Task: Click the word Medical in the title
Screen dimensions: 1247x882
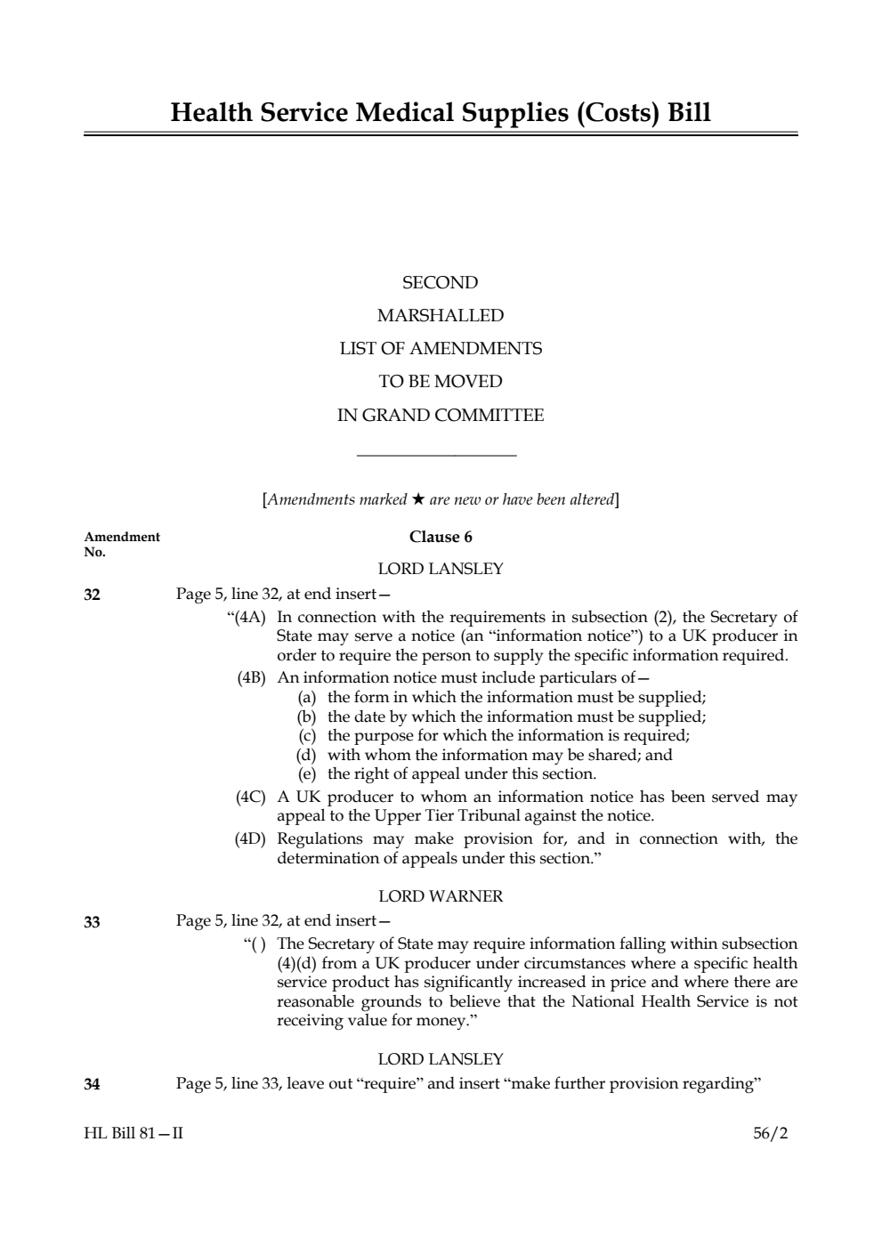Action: click(402, 113)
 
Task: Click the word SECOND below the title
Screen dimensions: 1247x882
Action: click(440, 283)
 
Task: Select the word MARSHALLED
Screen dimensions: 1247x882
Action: click(440, 316)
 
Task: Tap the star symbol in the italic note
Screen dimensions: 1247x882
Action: click(418, 499)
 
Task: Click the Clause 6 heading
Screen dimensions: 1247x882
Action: click(441, 537)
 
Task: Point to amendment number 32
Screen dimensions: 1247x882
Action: click(92, 595)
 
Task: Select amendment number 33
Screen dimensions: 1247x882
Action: click(92, 922)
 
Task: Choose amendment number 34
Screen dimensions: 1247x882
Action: click(92, 1084)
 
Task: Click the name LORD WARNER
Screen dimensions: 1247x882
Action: click(441, 896)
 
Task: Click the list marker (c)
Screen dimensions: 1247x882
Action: click(307, 736)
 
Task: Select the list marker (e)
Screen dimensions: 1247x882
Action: click(307, 774)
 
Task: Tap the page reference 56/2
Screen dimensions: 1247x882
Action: click(770, 1134)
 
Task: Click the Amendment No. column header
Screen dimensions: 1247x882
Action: click(122, 544)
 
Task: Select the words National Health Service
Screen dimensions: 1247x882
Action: click(660, 1002)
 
